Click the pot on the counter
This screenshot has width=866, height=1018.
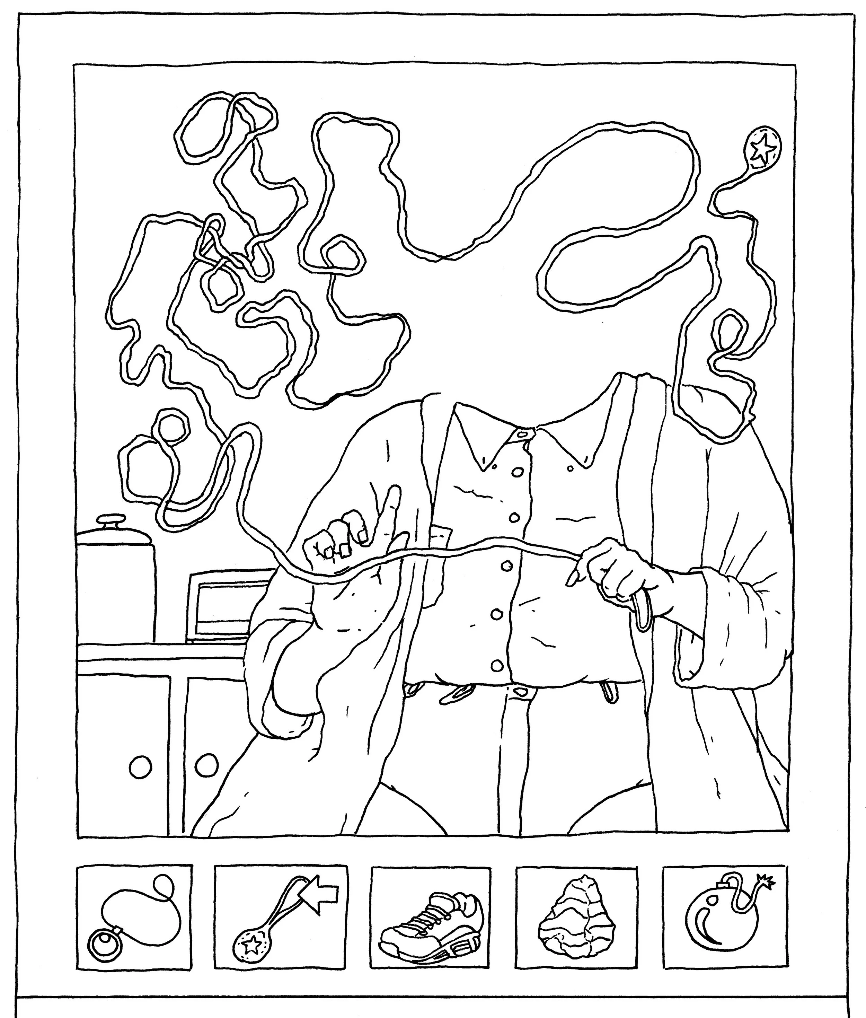point(116,585)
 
